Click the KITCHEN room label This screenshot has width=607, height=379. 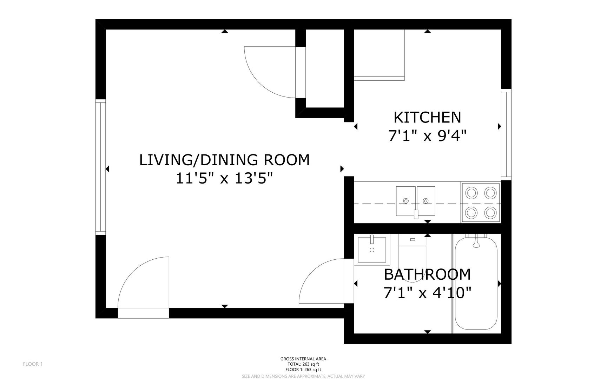coord(427,118)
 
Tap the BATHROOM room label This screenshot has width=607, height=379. coord(427,274)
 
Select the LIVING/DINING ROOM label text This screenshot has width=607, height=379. coord(225,160)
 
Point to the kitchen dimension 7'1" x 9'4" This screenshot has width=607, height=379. coord(427,135)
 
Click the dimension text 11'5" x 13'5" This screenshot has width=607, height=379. coord(224,179)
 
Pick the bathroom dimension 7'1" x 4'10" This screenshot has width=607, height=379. coord(427,292)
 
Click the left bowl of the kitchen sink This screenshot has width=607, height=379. coord(406,201)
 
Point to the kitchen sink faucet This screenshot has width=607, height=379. coord(416,214)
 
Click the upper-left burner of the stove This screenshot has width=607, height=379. coord(471,193)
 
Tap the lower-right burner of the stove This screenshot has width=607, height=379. coord(490,212)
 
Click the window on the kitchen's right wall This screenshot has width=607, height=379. coord(506,135)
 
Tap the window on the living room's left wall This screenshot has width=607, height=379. coord(100,167)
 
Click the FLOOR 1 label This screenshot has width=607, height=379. coord(33,364)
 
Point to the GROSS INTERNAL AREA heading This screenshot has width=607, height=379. coord(303,359)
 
